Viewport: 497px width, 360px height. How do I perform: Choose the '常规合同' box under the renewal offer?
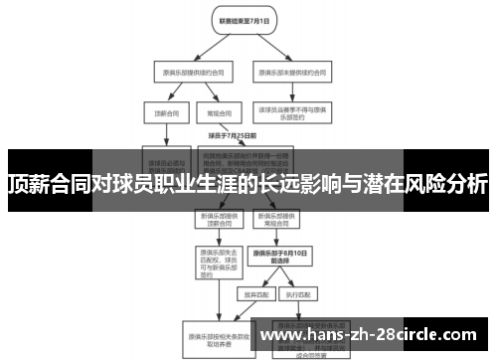point(214,113)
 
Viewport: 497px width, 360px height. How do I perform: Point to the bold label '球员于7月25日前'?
point(233,135)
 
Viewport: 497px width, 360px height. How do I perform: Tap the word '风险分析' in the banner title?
point(445,184)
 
